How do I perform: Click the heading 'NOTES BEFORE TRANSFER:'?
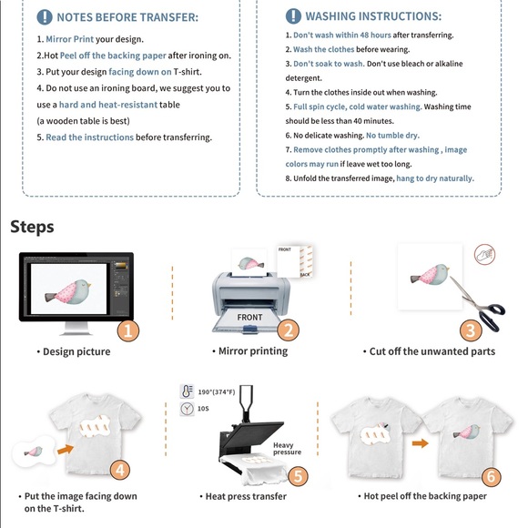point(127,17)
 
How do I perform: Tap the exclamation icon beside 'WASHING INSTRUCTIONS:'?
point(293,16)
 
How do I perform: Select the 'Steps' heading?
point(32,227)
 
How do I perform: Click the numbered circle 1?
point(128,330)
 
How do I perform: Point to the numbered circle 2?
point(288,330)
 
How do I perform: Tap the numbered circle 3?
point(471,330)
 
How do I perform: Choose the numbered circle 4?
point(120,470)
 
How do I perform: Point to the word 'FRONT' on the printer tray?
point(249,318)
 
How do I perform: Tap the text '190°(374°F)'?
point(217,391)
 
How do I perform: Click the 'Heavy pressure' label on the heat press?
point(287,449)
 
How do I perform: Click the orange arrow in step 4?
point(66,448)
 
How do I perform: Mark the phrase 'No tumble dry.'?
point(392,136)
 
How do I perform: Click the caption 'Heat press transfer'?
point(243,496)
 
